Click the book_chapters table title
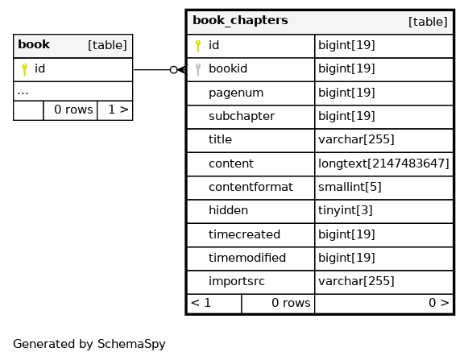[240, 21]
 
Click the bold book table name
[34, 44]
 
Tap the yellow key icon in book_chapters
[197, 46]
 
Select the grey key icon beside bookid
[197, 69]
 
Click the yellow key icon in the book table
[24, 69]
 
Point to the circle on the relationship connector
[174, 70]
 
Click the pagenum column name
[236, 93]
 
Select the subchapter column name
[242, 116]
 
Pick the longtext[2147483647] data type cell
[383, 163]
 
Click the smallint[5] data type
[350, 187]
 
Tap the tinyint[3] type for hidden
[346, 210]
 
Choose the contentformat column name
[251, 187]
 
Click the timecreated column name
[244, 234]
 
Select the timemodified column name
[247, 258]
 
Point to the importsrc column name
[237, 281]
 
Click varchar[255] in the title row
[356, 139]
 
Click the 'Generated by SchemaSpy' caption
[89, 344]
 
